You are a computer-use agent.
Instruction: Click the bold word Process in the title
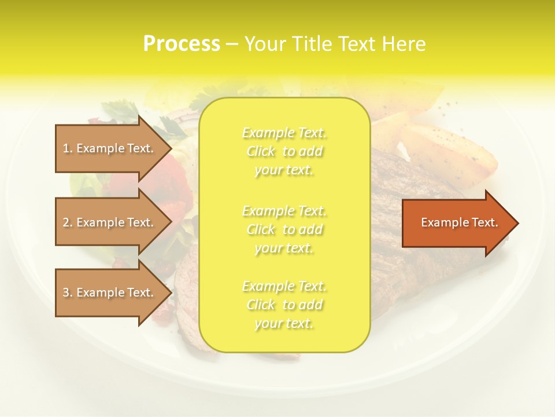182,44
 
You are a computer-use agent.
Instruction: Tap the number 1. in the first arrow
68,148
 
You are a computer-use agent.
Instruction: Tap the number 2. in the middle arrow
68,222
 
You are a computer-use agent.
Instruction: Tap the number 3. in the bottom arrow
68,292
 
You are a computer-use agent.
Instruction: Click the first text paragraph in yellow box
284,151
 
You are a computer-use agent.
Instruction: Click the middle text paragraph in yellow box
284,229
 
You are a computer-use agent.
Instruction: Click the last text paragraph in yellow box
284,305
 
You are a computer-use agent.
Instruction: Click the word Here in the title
405,44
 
